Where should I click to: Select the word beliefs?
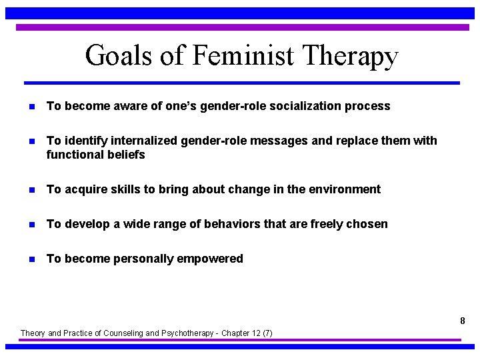(123, 155)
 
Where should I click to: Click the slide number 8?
(462, 321)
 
